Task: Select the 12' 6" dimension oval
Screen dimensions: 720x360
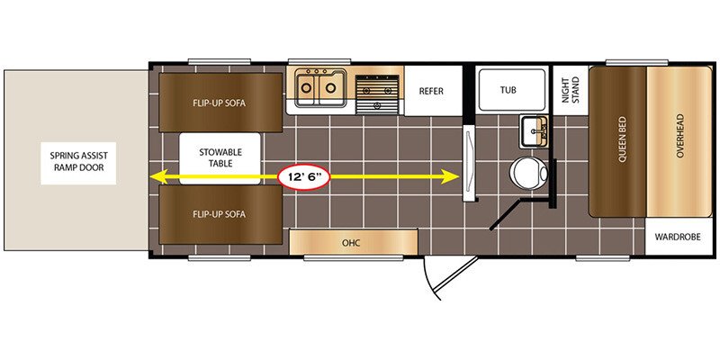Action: coord(303,176)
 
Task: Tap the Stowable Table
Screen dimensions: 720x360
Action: coord(220,158)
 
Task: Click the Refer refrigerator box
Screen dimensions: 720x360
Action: coord(433,91)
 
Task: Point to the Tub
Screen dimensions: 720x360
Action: coord(511,89)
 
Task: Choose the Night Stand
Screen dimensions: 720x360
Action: coord(571,90)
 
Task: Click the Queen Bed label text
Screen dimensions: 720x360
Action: coord(623,139)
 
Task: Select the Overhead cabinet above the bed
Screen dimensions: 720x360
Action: coord(679,142)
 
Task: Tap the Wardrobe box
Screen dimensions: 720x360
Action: coord(678,237)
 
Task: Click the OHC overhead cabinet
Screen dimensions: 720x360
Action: coord(354,242)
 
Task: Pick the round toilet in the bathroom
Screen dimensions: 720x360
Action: coord(528,174)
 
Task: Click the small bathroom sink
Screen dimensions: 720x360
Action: coord(534,131)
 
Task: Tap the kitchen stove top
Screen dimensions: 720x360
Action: coord(377,94)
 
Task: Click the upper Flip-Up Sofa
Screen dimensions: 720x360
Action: coord(220,103)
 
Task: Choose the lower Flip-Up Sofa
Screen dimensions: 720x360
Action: coord(220,214)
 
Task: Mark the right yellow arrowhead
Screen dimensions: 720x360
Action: coord(450,176)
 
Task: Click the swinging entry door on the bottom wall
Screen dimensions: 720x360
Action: coord(447,279)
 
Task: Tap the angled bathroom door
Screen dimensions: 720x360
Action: coord(508,213)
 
